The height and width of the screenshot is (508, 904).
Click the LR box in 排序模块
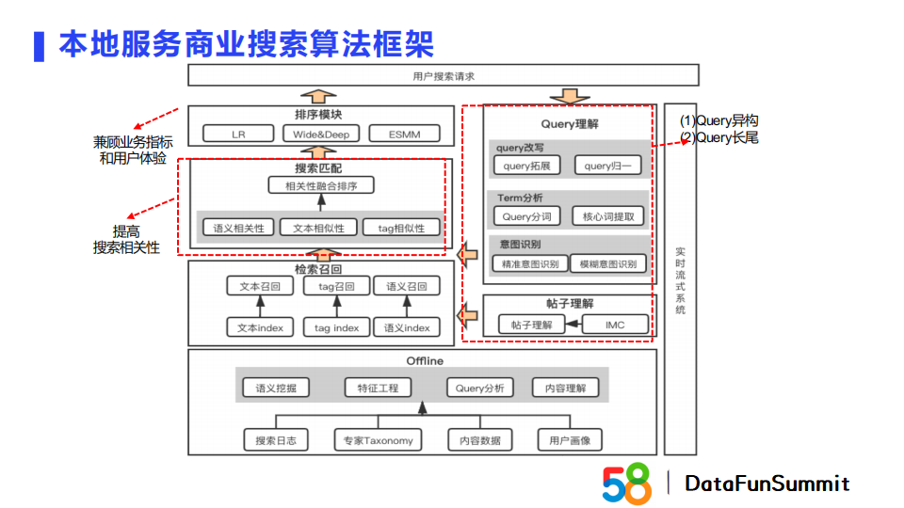(x=238, y=134)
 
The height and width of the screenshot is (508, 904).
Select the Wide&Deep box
(x=320, y=134)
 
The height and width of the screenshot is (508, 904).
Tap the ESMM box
(x=404, y=134)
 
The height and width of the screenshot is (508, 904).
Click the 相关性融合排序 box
(x=321, y=185)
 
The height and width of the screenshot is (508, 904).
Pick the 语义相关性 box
(x=238, y=227)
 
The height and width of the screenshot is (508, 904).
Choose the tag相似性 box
(x=402, y=227)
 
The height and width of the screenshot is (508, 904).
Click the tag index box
(x=336, y=327)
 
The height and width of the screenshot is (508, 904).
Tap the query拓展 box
(x=526, y=166)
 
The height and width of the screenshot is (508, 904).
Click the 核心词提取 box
(x=609, y=216)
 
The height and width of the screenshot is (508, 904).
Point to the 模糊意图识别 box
(x=609, y=263)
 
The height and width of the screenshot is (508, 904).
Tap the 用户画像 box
(x=570, y=439)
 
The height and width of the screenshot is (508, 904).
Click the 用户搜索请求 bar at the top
(x=444, y=75)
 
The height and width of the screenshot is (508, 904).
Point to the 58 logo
(x=626, y=483)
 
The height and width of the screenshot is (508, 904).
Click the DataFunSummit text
(x=767, y=484)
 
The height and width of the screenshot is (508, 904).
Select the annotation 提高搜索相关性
(x=126, y=240)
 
